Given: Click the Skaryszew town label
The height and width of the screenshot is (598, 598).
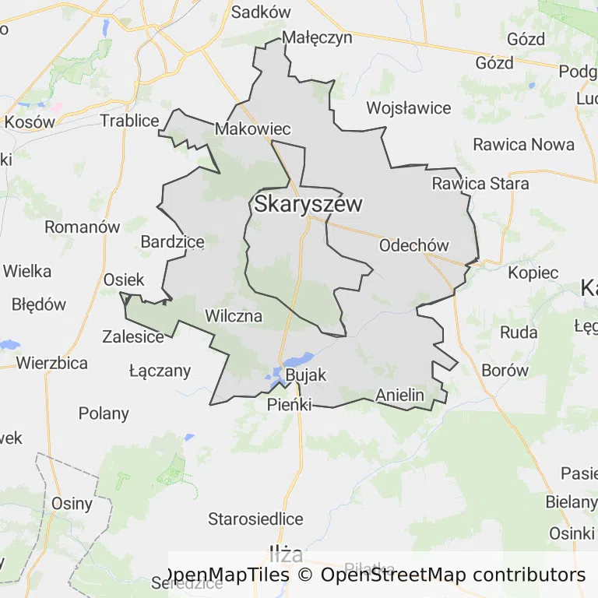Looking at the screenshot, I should click(308, 205).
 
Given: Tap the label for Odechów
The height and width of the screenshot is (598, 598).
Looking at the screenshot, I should click(413, 245).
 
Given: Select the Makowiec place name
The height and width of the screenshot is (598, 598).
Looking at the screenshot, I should click(253, 129).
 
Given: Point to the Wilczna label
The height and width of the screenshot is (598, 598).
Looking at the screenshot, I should click(233, 316).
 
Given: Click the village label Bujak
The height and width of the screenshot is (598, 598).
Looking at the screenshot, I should click(306, 375).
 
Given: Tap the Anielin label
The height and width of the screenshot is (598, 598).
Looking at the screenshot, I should click(399, 395).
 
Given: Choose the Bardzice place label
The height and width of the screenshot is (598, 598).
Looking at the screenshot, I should click(172, 242).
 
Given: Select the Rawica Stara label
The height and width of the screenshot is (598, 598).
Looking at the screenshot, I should click(480, 184).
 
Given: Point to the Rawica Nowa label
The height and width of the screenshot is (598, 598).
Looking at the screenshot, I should click(523, 144).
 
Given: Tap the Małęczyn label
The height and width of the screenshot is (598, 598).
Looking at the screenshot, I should click(318, 37).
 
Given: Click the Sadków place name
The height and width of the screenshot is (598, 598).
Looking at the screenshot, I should click(261, 12).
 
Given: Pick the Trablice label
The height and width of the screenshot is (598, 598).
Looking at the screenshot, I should click(129, 121).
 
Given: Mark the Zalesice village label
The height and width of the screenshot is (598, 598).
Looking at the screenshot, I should click(133, 337).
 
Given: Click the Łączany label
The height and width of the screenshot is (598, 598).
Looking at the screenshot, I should click(160, 371).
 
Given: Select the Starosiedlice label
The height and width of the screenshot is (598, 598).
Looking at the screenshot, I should click(255, 519).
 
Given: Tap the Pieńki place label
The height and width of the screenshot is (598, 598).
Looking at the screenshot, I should click(289, 405).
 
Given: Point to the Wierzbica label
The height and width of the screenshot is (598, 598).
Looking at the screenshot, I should click(51, 362).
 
